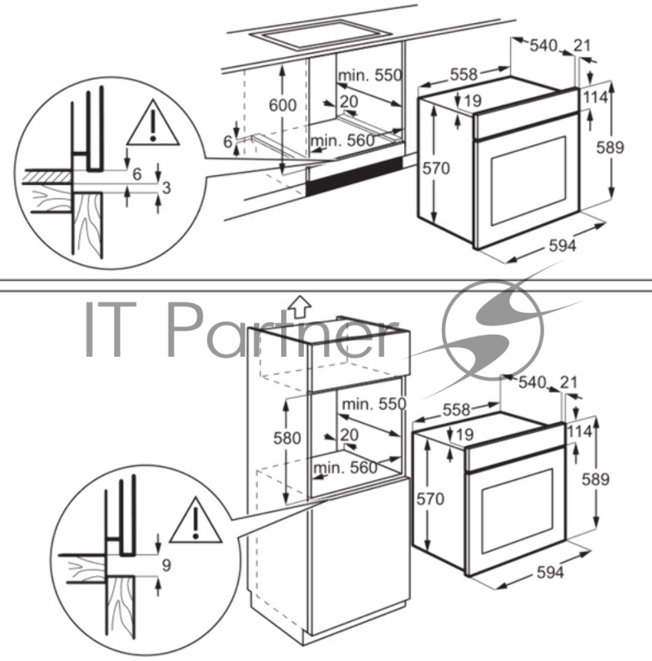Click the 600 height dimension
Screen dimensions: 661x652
283,105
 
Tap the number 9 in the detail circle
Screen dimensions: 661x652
166,566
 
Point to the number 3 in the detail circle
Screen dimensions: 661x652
166,188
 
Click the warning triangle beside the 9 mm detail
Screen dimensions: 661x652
192,518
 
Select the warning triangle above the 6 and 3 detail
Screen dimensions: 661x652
153,122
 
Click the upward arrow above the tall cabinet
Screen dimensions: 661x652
301,306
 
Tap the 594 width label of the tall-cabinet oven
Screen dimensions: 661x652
548,573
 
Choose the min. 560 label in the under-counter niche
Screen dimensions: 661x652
342,140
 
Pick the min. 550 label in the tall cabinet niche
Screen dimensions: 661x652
374,404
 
